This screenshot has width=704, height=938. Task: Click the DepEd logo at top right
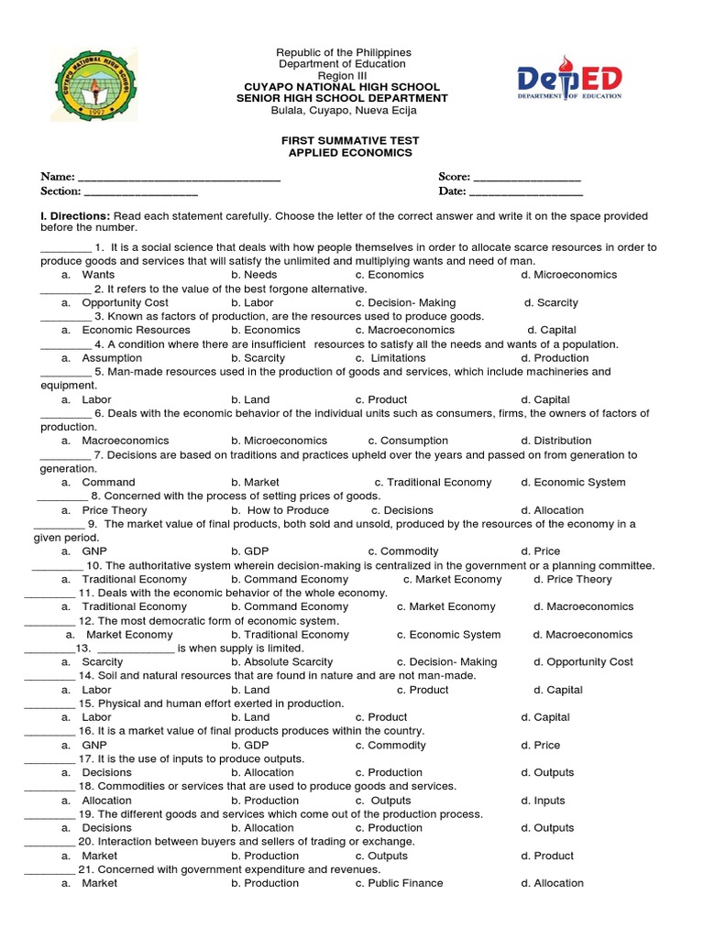pos(569,82)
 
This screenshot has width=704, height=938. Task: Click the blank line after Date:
pos(526,192)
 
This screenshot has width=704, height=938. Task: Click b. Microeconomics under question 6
pos(279,441)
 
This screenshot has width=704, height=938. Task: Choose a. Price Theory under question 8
pos(104,510)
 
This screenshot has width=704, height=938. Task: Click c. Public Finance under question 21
pos(399,883)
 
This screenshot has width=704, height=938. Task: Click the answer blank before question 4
pos(65,345)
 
